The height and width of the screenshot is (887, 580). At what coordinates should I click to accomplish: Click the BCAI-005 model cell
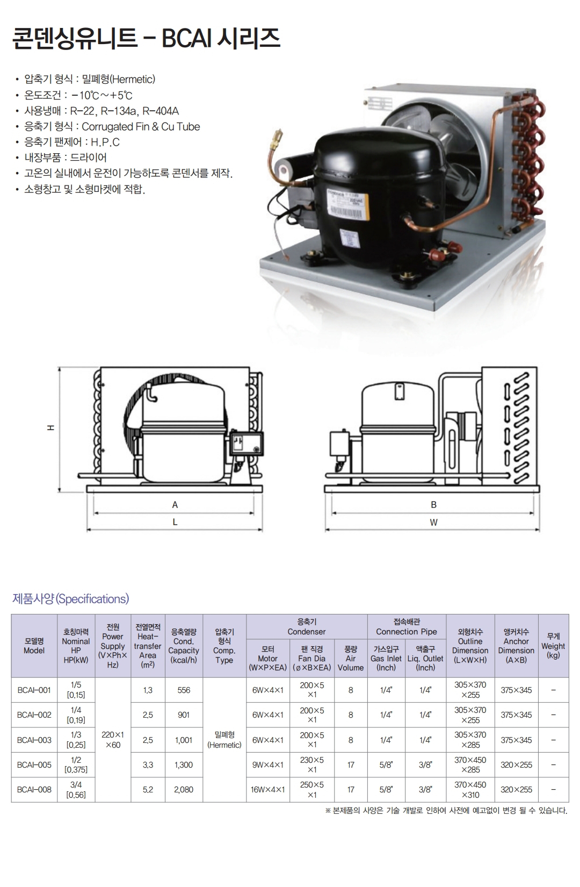pos(34,764)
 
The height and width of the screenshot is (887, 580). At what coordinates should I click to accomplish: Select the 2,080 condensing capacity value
pos(184,790)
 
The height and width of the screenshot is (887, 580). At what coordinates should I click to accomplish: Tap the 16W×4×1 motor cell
pos(268,790)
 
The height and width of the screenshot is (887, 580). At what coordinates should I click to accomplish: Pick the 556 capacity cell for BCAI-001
pos(184,690)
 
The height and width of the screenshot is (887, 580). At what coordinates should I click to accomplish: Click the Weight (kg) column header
pos(553,646)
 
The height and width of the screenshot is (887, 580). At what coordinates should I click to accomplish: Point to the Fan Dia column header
pos(312,658)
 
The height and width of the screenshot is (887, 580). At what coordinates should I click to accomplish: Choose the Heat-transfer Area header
pos(148,646)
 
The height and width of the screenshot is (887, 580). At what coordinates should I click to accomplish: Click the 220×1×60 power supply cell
pos(113,740)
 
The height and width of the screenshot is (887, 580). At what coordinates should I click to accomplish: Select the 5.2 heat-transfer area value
pos(148,790)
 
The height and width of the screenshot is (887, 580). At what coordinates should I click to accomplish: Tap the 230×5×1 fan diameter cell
pos(312,764)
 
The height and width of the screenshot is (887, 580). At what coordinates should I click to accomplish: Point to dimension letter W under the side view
pos(433,523)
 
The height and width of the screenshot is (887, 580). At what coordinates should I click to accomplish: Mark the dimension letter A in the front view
pos(175,505)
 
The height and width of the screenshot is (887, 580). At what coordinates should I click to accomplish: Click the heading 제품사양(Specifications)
pos(70,599)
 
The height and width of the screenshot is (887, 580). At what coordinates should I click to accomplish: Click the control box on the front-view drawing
pos(247,443)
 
